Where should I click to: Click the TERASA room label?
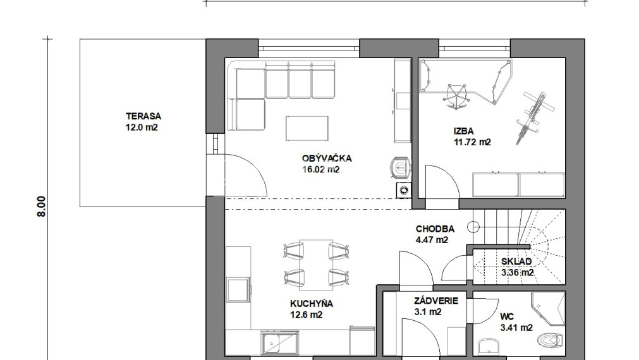pos(143,116)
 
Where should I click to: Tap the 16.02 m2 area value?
pos(320,169)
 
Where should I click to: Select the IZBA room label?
pos(464,131)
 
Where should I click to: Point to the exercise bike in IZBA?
pos(534,117)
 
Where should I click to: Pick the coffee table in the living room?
pos(307,128)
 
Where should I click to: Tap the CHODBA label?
pos(435,229)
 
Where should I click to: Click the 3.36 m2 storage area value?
pos(517,272)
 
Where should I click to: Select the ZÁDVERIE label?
pos(436,301)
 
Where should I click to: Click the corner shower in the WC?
pos(548,309)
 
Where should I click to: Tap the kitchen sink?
pos(279,344)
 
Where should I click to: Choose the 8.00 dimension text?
pos(42,207)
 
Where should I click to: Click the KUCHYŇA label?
pos(312,304)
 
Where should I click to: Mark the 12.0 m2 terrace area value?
pos(142,128)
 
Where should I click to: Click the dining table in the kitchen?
pos(316,265)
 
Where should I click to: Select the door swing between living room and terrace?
pos(245,174)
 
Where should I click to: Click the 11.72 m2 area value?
pos(472,142)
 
